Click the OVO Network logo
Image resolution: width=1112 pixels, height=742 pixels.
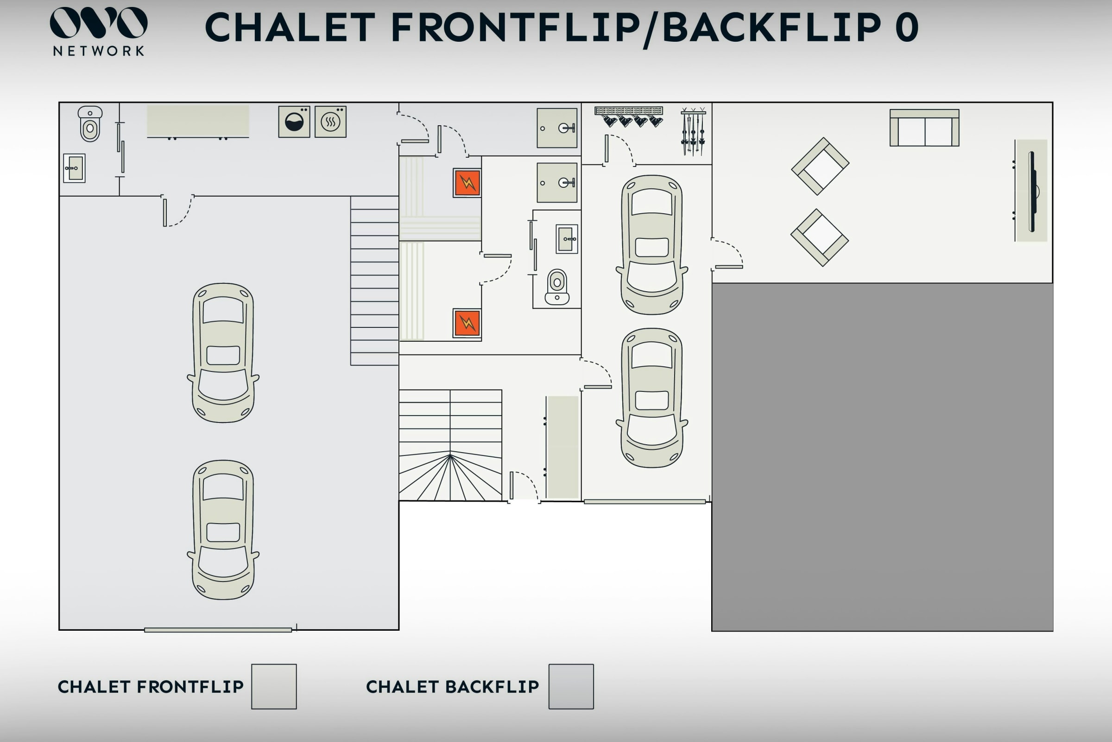tap(98, 31)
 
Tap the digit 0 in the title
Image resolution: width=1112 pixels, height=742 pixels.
tap(907, 27)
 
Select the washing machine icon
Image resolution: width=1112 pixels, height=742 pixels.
tap(294, 122)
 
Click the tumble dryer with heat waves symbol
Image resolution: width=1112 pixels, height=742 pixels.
tap(330, 122)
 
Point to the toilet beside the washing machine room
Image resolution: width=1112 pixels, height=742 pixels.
tap(90, 124)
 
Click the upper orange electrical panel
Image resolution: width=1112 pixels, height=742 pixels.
tap(467, 183)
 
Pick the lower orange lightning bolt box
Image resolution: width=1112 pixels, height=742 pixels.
tap(467, 323)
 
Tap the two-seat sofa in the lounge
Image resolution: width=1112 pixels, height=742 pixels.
tap(924, 128)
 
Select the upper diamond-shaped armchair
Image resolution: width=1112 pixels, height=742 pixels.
tap(820, 166)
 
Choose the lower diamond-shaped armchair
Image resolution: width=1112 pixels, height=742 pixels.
tap(820, 237)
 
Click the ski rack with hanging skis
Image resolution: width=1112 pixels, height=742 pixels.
tap(693, 132)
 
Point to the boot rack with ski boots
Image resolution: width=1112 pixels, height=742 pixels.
tap(629, 116)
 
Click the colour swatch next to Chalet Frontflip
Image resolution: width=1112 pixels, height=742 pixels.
tap(274, 686)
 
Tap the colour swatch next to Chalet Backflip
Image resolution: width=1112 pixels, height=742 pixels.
tap(571, 686)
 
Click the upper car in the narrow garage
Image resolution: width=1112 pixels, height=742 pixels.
tap(652, 245)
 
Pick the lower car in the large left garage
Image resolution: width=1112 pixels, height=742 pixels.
tap(223, 530)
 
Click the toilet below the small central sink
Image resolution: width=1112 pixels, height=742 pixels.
tap(557, 287)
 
